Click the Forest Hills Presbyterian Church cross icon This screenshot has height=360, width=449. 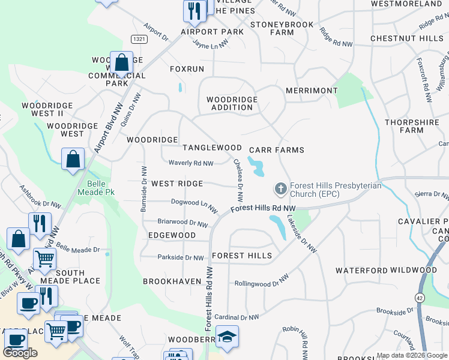(x=280, y=189)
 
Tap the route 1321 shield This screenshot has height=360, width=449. (x=139, y=38)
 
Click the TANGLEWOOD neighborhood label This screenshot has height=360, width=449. (x=212, y=148)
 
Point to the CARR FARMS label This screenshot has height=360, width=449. (x=277, y=150)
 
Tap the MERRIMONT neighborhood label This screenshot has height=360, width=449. (x=312, y=91)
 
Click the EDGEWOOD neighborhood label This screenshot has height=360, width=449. (x=172, y=235)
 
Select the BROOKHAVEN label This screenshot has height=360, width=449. (x=171, y=281)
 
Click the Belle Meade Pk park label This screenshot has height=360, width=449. (x=92, y=188)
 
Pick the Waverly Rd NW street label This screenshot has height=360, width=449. (x=191, y=163)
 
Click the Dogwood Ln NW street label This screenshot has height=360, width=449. (x=194, y=205)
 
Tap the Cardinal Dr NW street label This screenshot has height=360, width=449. (x=236, y=317)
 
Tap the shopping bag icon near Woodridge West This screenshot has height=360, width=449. (x=73, y=160)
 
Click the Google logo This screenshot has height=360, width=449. (x=20, y=353)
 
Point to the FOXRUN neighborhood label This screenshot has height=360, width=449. (x=187, y=69)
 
